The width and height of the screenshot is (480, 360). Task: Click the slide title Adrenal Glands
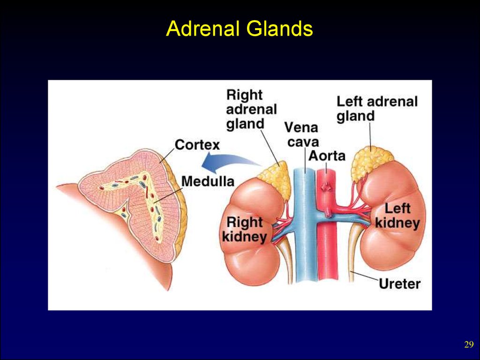pyautogui.click(x=240, y=30)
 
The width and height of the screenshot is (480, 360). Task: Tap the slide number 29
pyautogui.click(x=469, y=345)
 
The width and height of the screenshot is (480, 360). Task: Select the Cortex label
pyautogui.click(x=197, y=144)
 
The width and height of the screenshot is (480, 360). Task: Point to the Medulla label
pyautogui.click(x=208, y=180)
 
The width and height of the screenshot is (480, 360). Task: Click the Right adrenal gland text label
pyautogui.click(x=251, y=109)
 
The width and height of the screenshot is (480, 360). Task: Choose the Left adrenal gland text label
pyautogui.click(x=377, y=108)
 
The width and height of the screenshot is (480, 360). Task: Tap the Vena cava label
pyautogui.click(x=301, y=134)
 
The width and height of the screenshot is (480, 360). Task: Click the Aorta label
pyautogui.click(x=327, y=156)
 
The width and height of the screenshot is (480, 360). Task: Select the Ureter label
pyautogui.click(x=399, y=283)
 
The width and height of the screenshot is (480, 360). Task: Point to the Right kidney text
pyautogui.click(x=244, y=229)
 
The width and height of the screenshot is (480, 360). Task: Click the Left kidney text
pyautogui.click(x=397, y=216)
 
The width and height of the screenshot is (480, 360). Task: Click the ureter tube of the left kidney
pyautogui.click(x=355, y=253)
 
